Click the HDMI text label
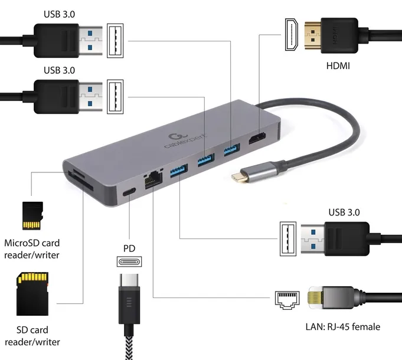(x=338, y=66)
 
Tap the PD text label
(x=129, y=248)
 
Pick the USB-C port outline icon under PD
(x=129, y=262)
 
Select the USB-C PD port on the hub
(x=129, y=192)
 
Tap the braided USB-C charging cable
(x=129, y=342)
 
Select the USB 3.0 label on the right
(x=343, y=212)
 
